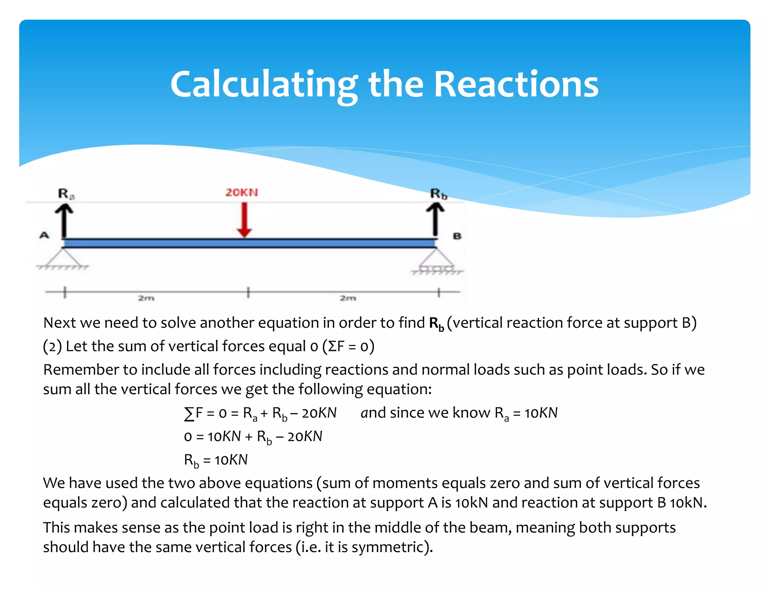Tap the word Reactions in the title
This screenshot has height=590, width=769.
(516, 85)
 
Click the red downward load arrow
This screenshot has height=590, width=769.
(244, 220)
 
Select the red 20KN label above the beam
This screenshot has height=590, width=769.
(241, 192)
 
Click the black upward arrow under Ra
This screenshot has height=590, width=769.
(64, 221)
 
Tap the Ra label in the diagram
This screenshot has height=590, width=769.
(66, 194)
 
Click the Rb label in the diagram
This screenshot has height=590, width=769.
(439, 194)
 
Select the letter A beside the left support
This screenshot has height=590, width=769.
(44, 236)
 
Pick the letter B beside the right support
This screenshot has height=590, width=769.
(457, 236)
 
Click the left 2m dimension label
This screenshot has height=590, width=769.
(146, 298)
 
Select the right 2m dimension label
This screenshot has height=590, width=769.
(348, 298)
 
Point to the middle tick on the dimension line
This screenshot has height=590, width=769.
(248, 292)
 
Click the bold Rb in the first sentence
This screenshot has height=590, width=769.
(436, 324)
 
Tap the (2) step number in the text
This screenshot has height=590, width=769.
(52, 346)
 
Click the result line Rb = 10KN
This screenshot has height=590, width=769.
(216, 460)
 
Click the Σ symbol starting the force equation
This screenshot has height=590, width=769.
(189, 414)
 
